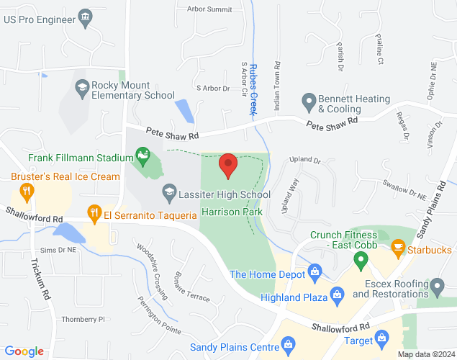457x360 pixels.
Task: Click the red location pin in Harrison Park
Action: click(x=228, y=165)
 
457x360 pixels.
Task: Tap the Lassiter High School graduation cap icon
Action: click(x=168, y=192)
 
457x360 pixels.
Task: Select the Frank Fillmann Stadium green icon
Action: click(x=142, y=154)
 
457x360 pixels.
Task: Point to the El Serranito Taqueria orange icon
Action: click(x=94, y=212)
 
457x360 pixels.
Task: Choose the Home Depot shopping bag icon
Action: click(x=314, y=271)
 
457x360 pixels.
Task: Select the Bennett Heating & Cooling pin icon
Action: click(x=309, y=102)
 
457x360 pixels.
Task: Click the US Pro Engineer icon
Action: click(x=86, y=17)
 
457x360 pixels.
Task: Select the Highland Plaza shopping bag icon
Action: click(x=335, y=294)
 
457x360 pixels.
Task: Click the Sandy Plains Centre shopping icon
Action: click(x=289, y=345)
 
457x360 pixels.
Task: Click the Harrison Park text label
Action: click(x=232, y=212)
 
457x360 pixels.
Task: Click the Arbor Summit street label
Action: click(x=209, y=9)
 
